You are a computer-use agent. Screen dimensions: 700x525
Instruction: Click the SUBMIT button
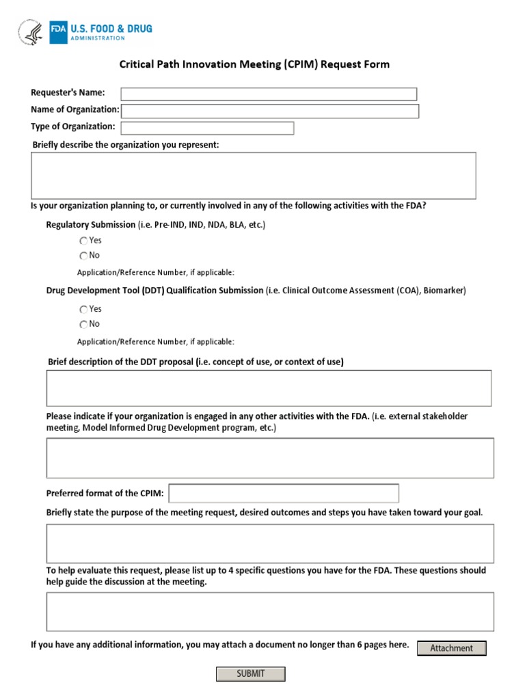pos(250,674)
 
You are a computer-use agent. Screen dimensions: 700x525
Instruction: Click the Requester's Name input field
pos(269,94)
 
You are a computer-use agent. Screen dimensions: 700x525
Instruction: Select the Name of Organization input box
pos(270,111)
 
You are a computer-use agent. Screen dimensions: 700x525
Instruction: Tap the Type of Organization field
pos(207,129)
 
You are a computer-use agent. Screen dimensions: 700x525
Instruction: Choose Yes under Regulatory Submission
pos(83,241)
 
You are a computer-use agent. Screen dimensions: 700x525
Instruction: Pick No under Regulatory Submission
pos(83,256)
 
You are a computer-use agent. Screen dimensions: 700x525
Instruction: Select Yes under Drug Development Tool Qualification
pos(83,310)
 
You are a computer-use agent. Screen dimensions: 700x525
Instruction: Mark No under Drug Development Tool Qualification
pos(83,325)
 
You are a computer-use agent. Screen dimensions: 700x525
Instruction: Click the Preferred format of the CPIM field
pos(284,493)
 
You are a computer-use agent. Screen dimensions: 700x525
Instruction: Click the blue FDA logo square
pos(57,31)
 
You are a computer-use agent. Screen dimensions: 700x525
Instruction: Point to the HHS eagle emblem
pos(31,32)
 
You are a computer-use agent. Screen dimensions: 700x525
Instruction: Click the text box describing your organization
pos(253,176)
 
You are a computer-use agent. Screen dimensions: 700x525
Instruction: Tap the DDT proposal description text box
pos(269,388)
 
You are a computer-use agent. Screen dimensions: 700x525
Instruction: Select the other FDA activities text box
pos(270,458)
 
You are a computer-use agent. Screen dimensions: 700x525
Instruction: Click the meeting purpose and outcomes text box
pos(270,543)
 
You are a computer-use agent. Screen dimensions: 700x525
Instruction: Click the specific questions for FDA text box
pos(270,611)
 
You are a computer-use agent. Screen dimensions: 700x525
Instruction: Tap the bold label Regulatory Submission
pos(91,225)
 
